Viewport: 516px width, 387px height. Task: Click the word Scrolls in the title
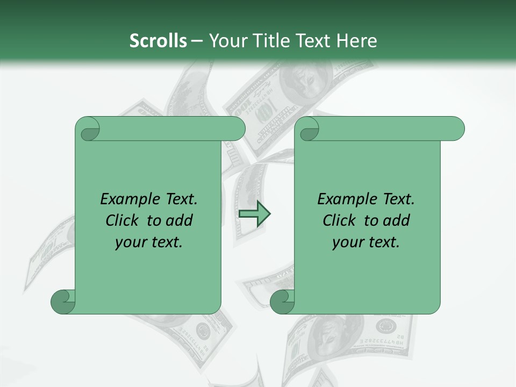[158, 40]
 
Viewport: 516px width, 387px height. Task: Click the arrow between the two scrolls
[254, 214]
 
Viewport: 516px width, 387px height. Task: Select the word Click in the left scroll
[123, 220]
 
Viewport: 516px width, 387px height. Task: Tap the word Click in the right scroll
[340, 220]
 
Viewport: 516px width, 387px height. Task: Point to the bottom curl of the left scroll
[62, 302]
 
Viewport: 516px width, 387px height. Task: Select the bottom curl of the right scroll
[282, 302]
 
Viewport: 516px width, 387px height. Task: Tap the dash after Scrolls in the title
[197, 40]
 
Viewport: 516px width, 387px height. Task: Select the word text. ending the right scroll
[382, 242]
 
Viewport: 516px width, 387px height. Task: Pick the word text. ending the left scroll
[165, 242]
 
